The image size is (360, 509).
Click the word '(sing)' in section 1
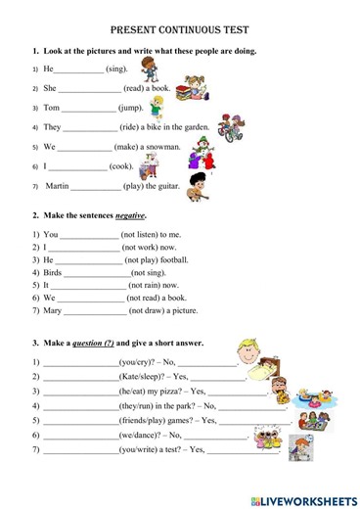[117, 69]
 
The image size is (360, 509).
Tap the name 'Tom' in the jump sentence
[52, 108]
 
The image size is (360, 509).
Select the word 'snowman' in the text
[160, 147]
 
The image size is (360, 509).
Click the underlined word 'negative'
[123, 215]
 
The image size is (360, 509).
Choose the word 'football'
[168, 260]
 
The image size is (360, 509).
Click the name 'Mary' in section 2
[53, 311]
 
